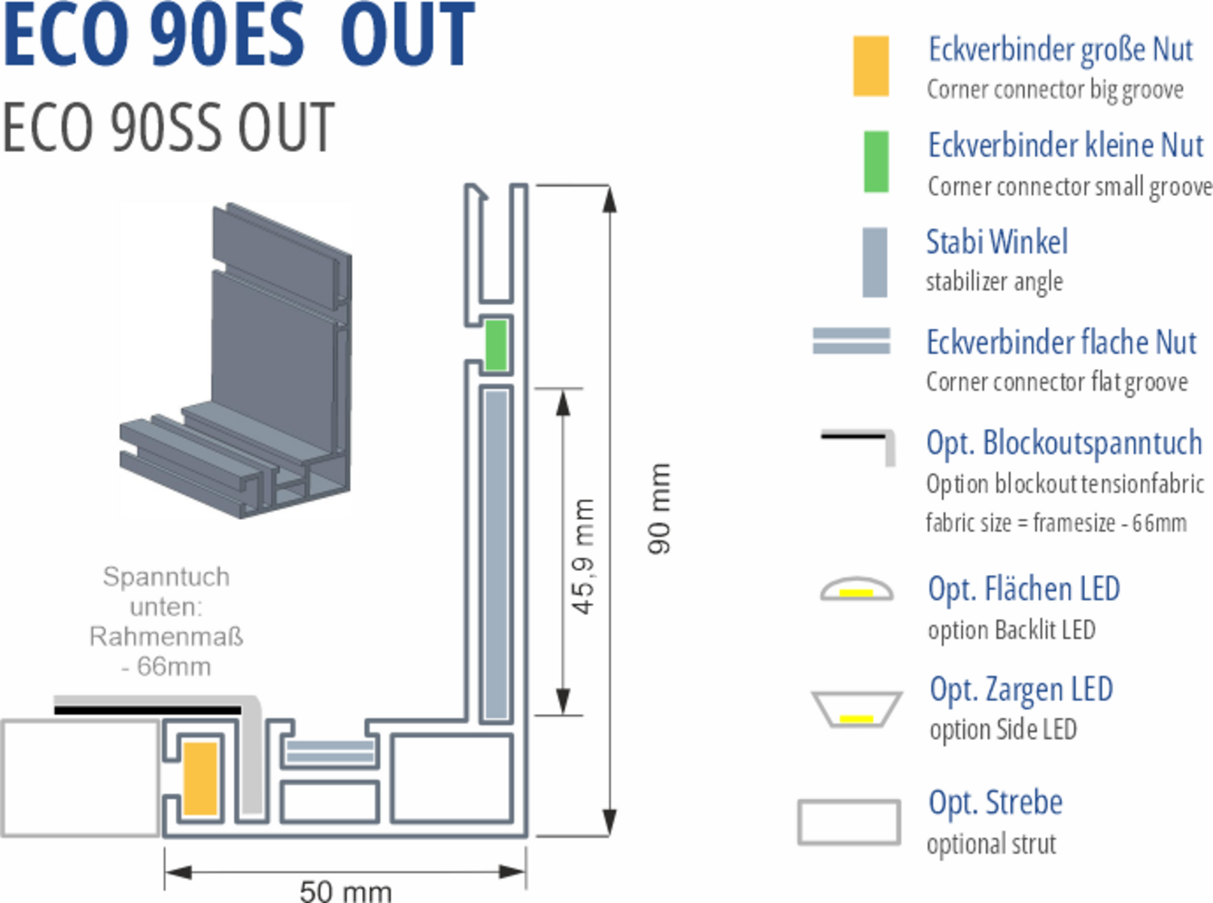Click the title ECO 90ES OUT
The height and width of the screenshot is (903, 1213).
tap(239, 35)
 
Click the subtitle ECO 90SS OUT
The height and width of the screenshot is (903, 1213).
tap(168, 127)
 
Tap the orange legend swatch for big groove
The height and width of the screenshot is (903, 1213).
tap(871, 66)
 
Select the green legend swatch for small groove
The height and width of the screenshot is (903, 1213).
tap(875, 161)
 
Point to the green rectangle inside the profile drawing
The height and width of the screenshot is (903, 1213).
tap(495, 345)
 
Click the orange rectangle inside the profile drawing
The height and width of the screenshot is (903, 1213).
tap(200, 778)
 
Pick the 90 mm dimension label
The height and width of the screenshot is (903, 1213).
tap(659, 509)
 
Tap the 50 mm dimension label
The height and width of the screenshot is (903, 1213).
tap(345, 891)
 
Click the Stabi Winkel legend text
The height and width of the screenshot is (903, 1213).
tap(996, 242)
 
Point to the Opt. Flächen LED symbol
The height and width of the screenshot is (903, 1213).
tap(856, 589)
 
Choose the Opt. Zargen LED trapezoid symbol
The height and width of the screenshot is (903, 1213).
tap(856, 709)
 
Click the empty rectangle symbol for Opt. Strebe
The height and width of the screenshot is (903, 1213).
tap(849, 822)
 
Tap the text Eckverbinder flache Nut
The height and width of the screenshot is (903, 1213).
tap(1061, 342)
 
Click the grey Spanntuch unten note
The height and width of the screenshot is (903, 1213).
tap(166, 622)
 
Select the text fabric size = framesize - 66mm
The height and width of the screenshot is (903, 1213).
tap(1056, 522)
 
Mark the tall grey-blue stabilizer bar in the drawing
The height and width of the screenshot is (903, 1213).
tap(496, 555)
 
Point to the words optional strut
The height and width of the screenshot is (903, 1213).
tap(991, 844)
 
